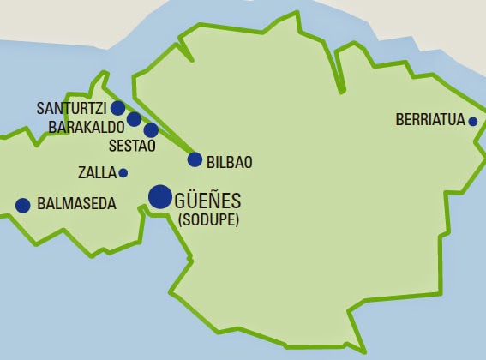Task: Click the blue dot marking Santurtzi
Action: click(118, 108)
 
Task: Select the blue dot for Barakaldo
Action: click(134, 119)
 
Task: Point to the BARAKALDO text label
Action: click(87, 127)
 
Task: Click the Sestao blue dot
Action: click(151, 130)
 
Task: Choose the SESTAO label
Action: click(132, 146)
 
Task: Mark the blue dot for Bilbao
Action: click(195, 159)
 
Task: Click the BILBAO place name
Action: click(231, 160)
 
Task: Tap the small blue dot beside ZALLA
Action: click(123, 173)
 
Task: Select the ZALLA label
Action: click(96, 173)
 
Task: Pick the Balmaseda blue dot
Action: click(23, 205)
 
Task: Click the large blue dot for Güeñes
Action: click(159, 197)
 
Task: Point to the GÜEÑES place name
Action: click(207, 201)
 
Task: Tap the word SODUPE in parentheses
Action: click(209, 220)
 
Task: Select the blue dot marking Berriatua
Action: click(472, 122)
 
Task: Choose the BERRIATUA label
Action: click(430, 121)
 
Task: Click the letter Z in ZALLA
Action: click(81, 173)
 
